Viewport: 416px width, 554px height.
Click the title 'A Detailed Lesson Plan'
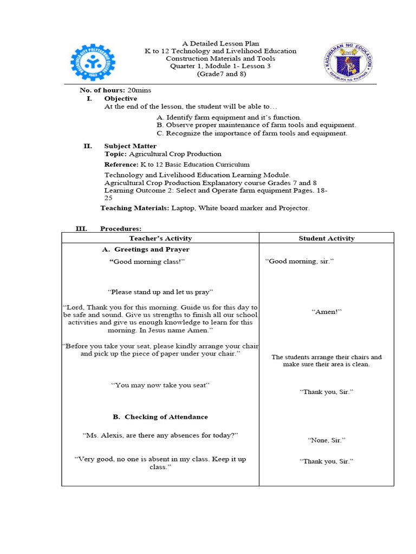220,43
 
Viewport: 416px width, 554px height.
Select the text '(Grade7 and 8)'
220,74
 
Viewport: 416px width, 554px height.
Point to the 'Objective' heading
120,98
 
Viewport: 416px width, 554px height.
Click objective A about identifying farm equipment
229,117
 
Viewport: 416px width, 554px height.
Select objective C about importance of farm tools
252,133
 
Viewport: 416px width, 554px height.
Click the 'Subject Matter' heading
130,146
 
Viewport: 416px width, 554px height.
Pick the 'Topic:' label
115,154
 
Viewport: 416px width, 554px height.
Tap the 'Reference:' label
121,164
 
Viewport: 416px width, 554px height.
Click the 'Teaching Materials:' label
135,208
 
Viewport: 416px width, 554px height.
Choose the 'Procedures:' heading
121,229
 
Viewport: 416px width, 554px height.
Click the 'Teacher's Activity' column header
160,238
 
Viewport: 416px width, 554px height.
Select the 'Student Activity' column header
327,238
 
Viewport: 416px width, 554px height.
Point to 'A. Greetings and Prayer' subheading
146,249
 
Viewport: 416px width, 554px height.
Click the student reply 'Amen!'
327,312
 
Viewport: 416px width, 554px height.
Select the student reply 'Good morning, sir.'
300,261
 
